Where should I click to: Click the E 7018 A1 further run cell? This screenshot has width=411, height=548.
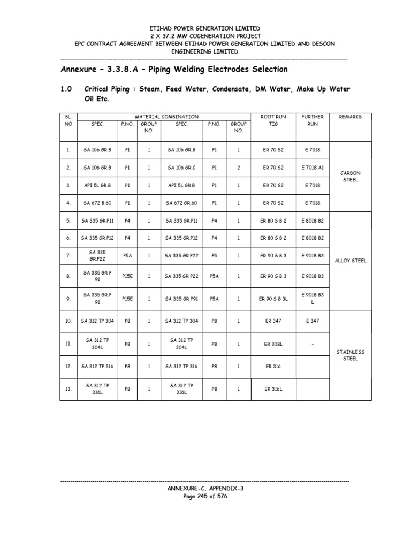click(x=312, y=168)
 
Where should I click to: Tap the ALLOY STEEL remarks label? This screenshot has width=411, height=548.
click(x=351, y=261)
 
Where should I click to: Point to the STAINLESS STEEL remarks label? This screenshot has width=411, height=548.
click(x=350, y=355)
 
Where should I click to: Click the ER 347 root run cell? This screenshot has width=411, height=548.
click(x=273, y=321)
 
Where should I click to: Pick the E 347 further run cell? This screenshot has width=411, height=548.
click(x=312, y=321)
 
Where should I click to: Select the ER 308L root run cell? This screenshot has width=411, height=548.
click(x=273, y=344)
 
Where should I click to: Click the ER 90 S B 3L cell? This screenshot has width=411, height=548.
click(x=273, y=299)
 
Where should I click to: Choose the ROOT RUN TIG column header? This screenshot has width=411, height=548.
click(x=273, y=120)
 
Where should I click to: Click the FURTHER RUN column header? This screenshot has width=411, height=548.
click(x=312, y=120)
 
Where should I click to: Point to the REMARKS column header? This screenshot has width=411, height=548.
click(x=351, y=116)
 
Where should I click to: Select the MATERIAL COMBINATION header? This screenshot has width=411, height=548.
click(x=166, y=116)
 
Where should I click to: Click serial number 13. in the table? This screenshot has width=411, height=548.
click(x=68, y=389)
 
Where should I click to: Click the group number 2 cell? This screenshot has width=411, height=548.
click(x=239, y=168)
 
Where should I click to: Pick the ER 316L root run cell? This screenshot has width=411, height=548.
click(x=273, y=389)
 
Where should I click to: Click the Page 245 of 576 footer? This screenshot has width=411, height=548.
click(x=205, y=496)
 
